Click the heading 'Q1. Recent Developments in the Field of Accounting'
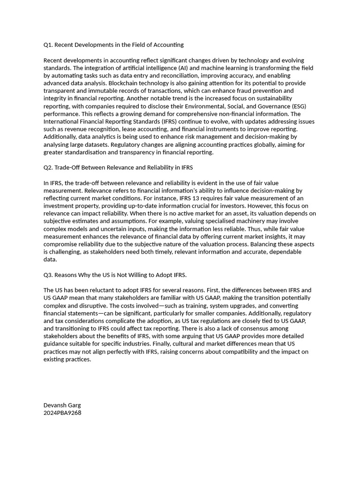pyautogui.click(x=113, y=45)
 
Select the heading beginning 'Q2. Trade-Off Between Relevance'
pyautogui.click(x=118, y=167)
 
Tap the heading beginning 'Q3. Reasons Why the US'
pyautogui.click(x=115, y=275)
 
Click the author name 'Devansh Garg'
pyautogui.click(x=62, y=405)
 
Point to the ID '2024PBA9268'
pyautogui.click(x=62, y=413)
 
